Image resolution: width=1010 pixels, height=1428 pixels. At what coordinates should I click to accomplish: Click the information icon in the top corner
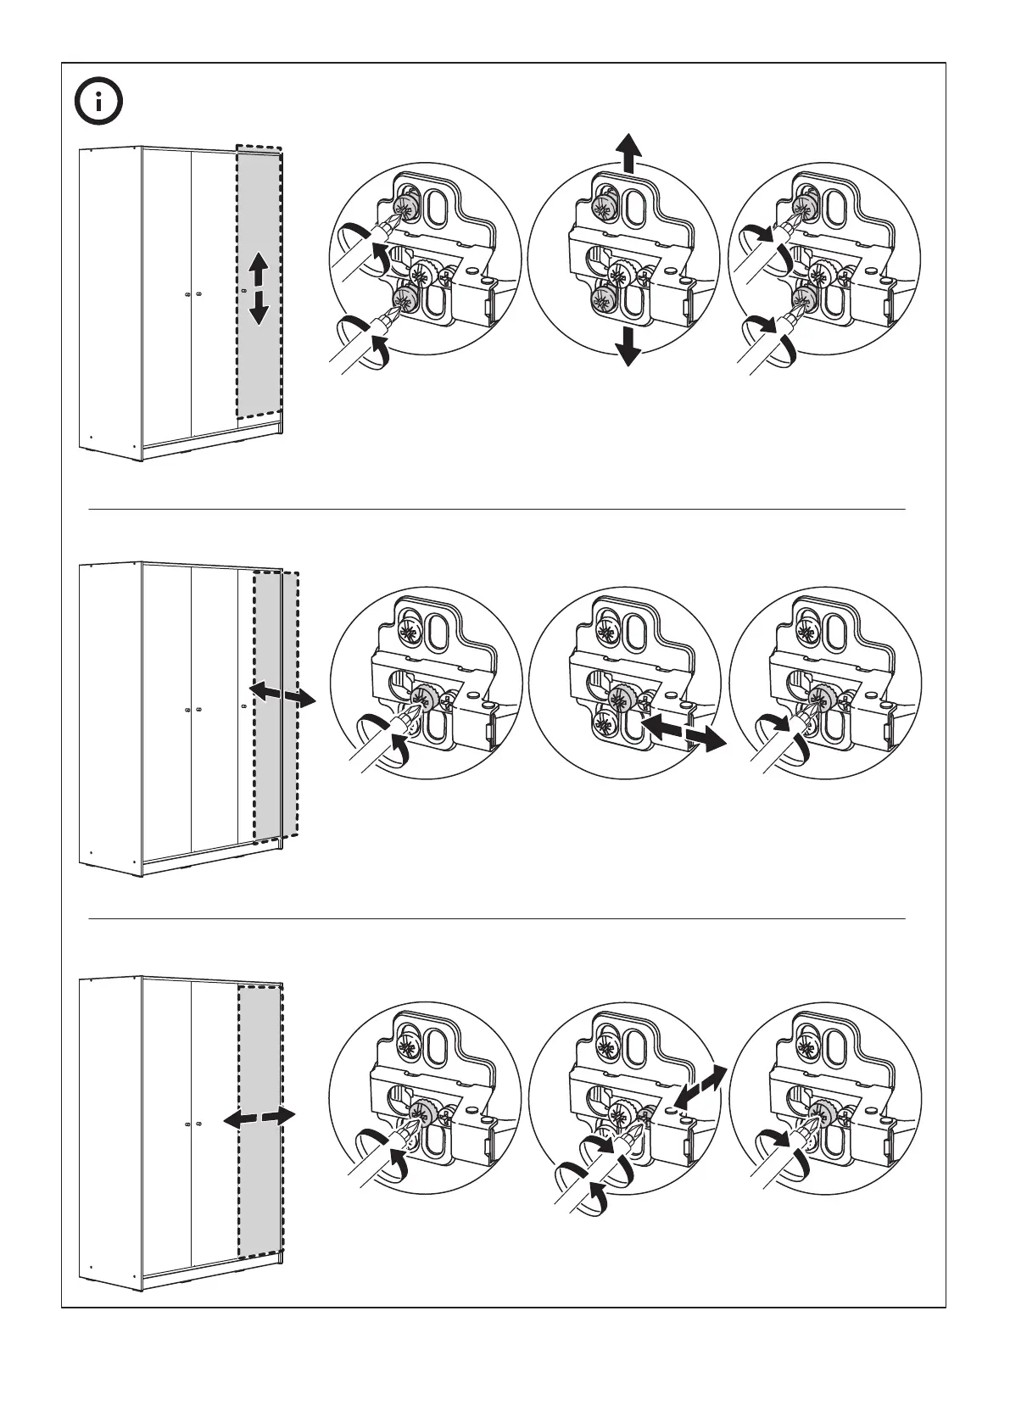click(98, 102)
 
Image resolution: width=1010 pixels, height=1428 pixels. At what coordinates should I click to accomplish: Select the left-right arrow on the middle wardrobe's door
click(282, 694)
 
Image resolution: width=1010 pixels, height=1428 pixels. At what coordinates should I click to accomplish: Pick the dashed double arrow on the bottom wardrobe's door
click(259, 1117)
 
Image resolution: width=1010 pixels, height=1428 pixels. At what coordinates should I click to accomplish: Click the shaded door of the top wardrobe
click(258, 356)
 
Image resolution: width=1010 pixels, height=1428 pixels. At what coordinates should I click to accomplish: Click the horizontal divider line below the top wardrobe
click(497, 510)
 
